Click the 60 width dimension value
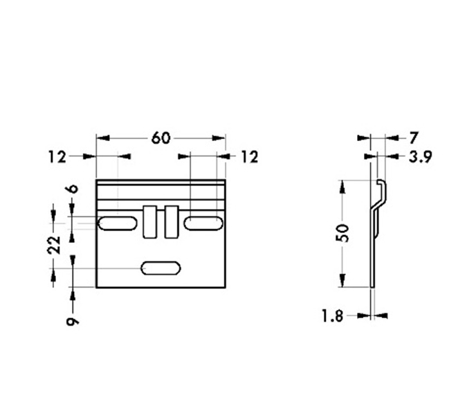click(x=161, y=138)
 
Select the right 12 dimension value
click(x=249, y=158)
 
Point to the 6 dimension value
click(x=73, y=188)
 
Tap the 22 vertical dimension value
click(x=54, y=243)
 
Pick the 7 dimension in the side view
click(x=414, y=138)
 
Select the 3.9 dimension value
click(x=420, y=158)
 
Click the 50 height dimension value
click(x=342, y=232)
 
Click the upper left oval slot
click(x=118, y=223)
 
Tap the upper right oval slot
click(x=203, y=223)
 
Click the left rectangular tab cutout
click(x=149, y=221)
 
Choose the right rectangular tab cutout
click(x=171, y=221)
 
